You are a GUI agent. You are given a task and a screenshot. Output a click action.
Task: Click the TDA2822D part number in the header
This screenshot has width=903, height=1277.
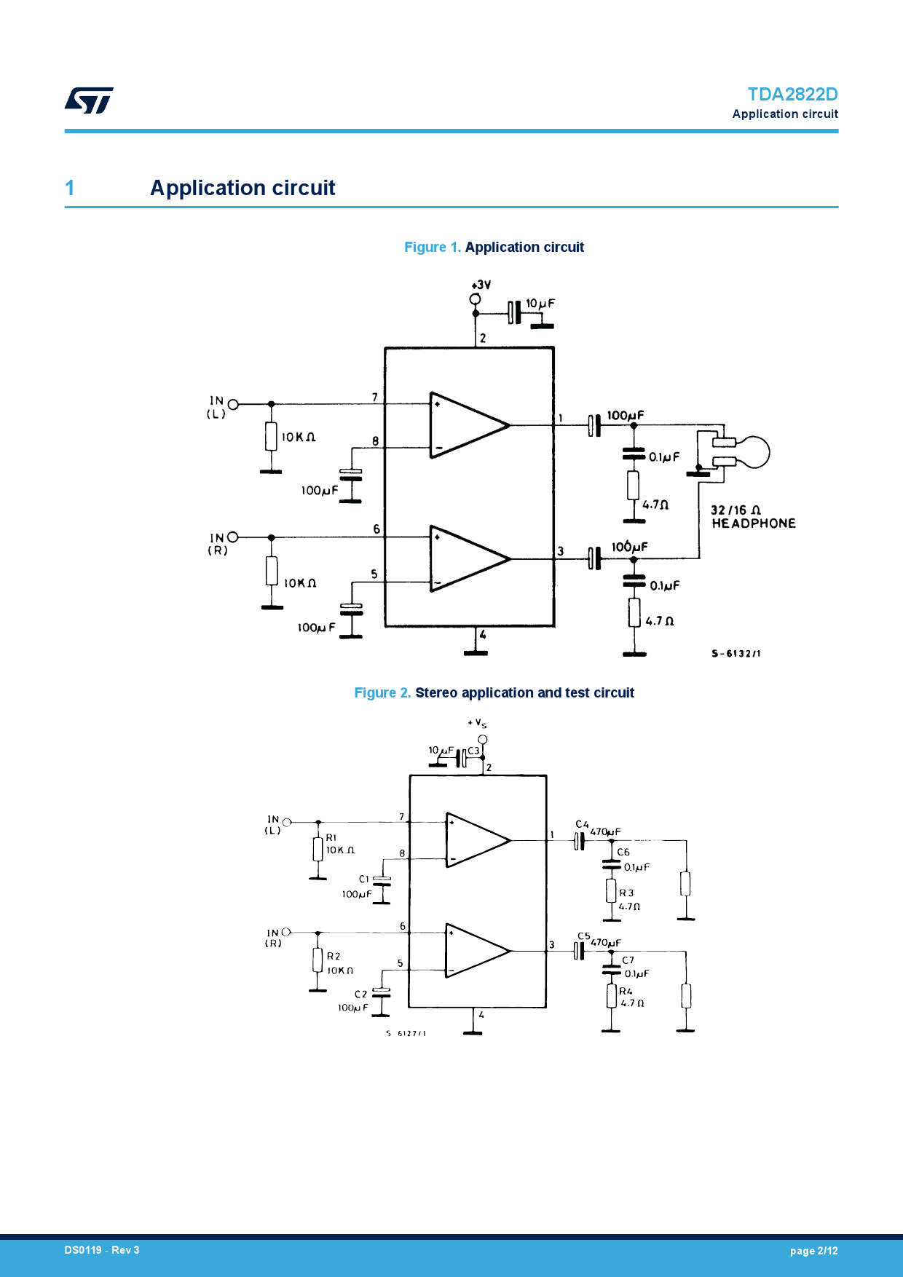(x=792, y=95)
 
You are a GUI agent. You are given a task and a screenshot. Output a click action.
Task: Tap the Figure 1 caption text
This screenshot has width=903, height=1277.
(x=494, y=248)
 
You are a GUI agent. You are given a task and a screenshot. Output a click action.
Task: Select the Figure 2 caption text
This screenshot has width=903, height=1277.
(x=494, y=693)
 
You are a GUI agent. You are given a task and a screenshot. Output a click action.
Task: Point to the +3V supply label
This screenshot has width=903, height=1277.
(x=481, y=285)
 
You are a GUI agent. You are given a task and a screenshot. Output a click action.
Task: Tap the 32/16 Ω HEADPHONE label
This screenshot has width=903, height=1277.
(x=752, y=517)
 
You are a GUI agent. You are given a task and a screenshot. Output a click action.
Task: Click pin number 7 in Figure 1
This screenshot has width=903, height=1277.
(x=375, y=398)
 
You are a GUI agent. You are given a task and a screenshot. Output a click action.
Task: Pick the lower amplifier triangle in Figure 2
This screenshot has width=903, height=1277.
(x=476, y=951)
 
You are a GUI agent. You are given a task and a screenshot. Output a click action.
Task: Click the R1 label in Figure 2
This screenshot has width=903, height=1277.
(x=331, y=838)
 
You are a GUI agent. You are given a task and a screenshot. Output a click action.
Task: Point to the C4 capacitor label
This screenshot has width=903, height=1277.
(x=582, y=825)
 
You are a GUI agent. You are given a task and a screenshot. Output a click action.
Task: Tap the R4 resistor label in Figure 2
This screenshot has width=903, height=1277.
(x=626, y=992)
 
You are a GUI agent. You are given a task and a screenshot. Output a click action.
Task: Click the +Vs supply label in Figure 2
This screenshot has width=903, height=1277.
(x=477, y=723)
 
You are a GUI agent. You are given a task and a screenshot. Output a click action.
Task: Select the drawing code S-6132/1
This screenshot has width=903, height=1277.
(x=736, y=654)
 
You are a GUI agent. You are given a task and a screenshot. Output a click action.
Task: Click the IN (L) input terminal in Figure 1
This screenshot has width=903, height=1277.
(x=233, y=404)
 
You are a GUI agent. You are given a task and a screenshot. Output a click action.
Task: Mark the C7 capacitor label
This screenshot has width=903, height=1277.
(x=628, y=960)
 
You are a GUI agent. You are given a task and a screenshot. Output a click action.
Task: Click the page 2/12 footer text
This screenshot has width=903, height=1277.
(x=813, y=1251)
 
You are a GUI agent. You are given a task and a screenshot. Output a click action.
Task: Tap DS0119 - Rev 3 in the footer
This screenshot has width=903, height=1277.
(x=102, y=1250)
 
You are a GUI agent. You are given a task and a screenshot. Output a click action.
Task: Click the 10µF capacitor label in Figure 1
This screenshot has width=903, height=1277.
(x=540, y=303)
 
